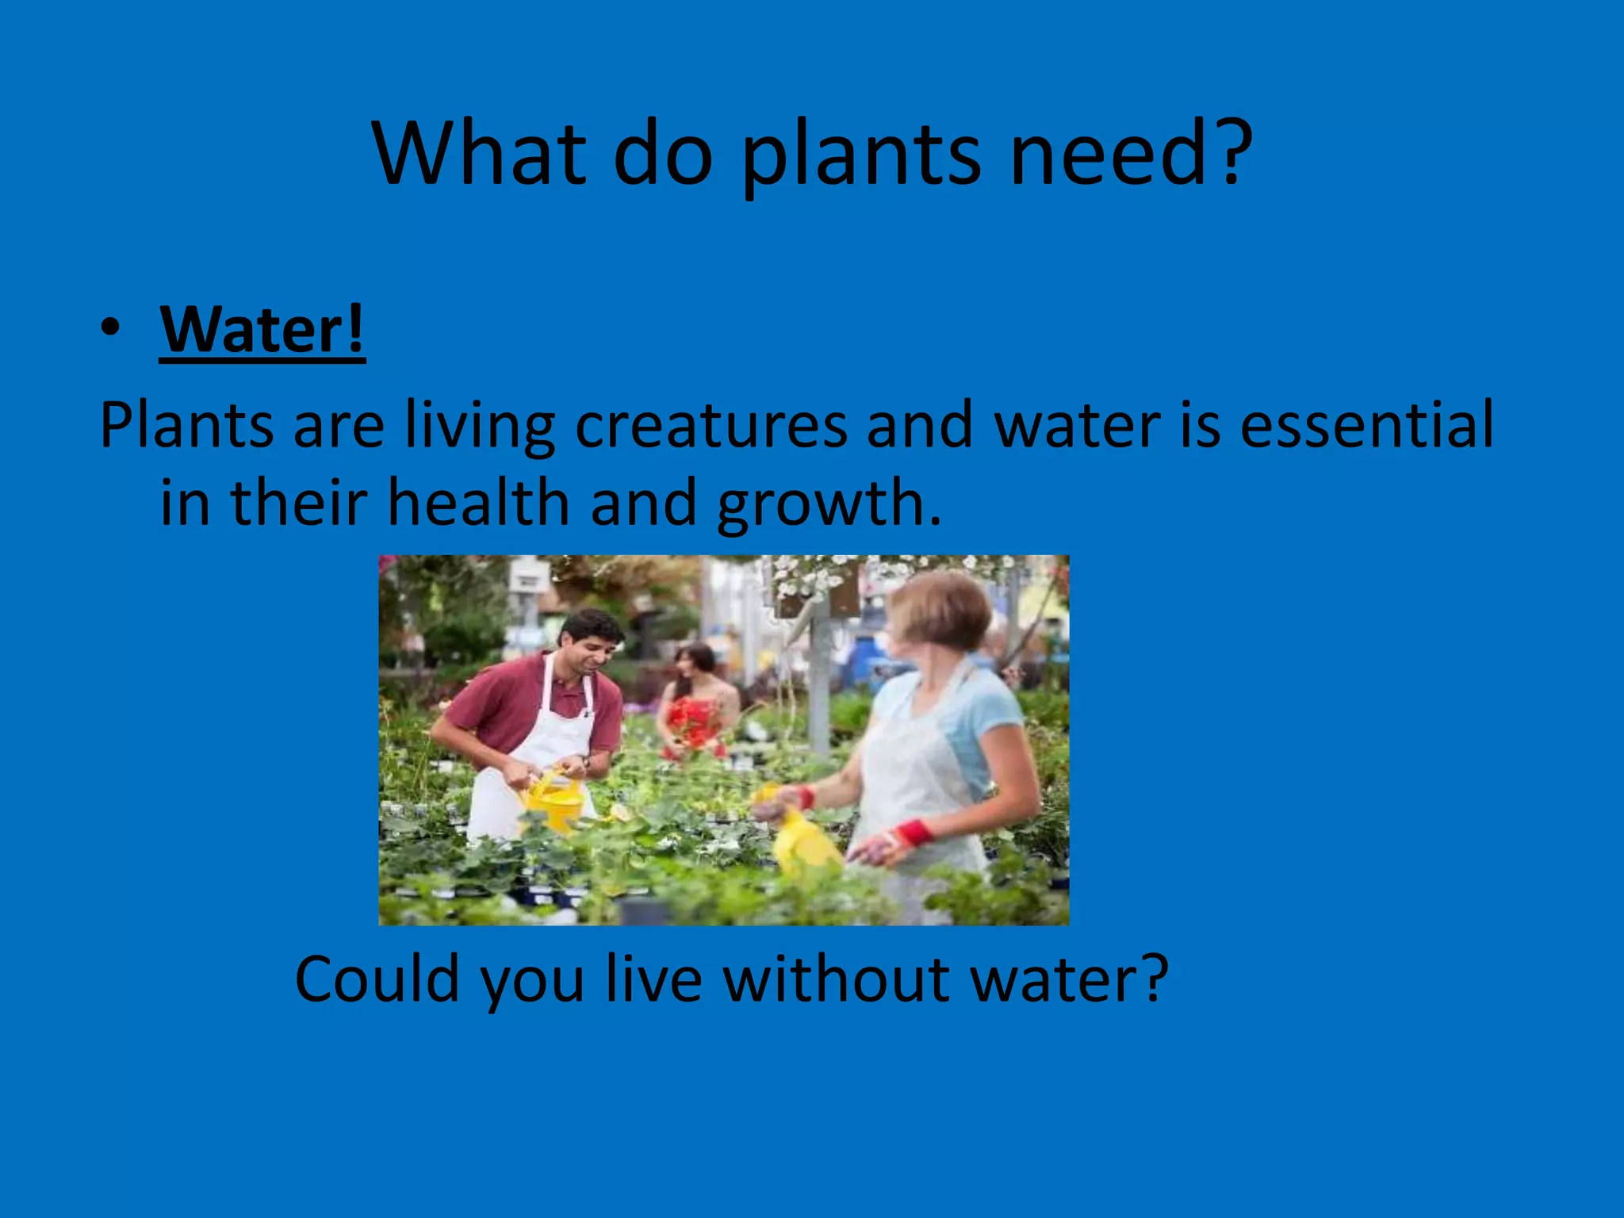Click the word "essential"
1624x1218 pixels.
click(1366, 426)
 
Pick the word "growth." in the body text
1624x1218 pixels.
click(829, 504)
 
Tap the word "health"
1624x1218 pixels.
click(478, 504)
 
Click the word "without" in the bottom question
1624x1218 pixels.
click(837, 979)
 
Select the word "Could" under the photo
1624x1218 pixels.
click(377, 979)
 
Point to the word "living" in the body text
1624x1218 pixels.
click(480, 426)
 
